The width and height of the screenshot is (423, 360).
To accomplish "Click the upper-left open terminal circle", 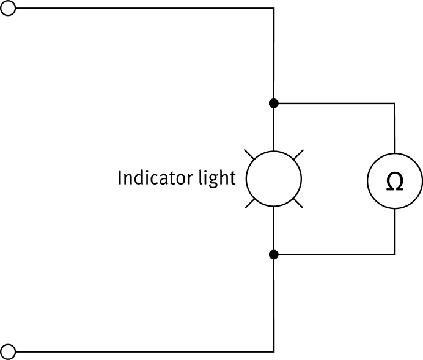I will coord(9,9).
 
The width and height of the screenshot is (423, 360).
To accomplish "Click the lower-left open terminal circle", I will coord(9,351).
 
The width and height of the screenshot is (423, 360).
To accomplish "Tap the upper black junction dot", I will coord(274,103).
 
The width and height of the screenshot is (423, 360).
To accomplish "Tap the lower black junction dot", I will coord(274,254).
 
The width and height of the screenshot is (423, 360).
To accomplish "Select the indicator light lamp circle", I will coord(274,178).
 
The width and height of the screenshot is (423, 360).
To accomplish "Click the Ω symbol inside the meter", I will coord(395,182).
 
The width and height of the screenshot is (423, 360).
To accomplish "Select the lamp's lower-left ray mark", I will coord(251,202).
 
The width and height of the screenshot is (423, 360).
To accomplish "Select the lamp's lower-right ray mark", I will coord(297,202).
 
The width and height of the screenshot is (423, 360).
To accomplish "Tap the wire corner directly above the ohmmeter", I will coord(395,103).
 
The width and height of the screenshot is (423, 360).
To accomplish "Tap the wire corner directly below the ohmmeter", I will coord(395,254).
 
